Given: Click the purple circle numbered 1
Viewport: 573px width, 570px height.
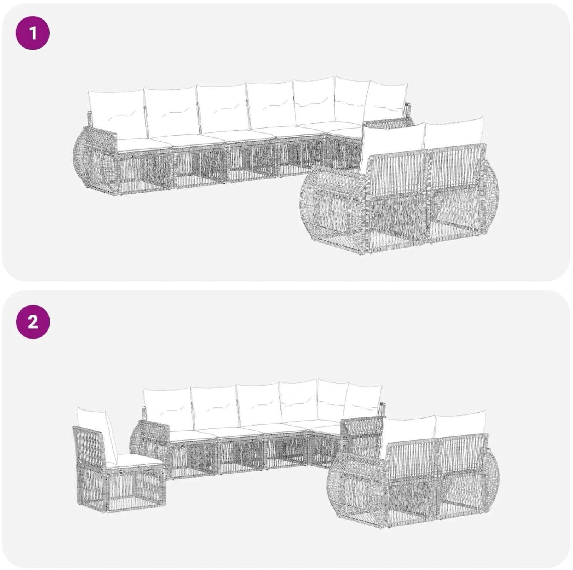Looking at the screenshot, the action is click(33, 33).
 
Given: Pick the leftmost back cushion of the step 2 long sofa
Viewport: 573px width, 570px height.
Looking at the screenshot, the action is click(168, 408).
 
